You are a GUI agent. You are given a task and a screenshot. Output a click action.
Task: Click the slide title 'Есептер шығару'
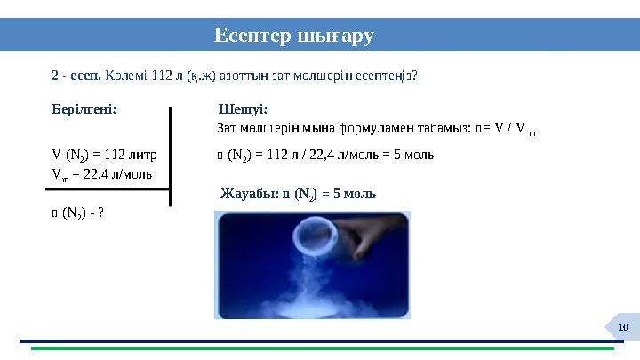[x=293, y=36]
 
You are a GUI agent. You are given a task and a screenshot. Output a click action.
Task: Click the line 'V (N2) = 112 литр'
[x=105, y=155]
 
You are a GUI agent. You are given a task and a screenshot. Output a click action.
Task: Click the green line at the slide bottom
[x=320, y=348]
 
